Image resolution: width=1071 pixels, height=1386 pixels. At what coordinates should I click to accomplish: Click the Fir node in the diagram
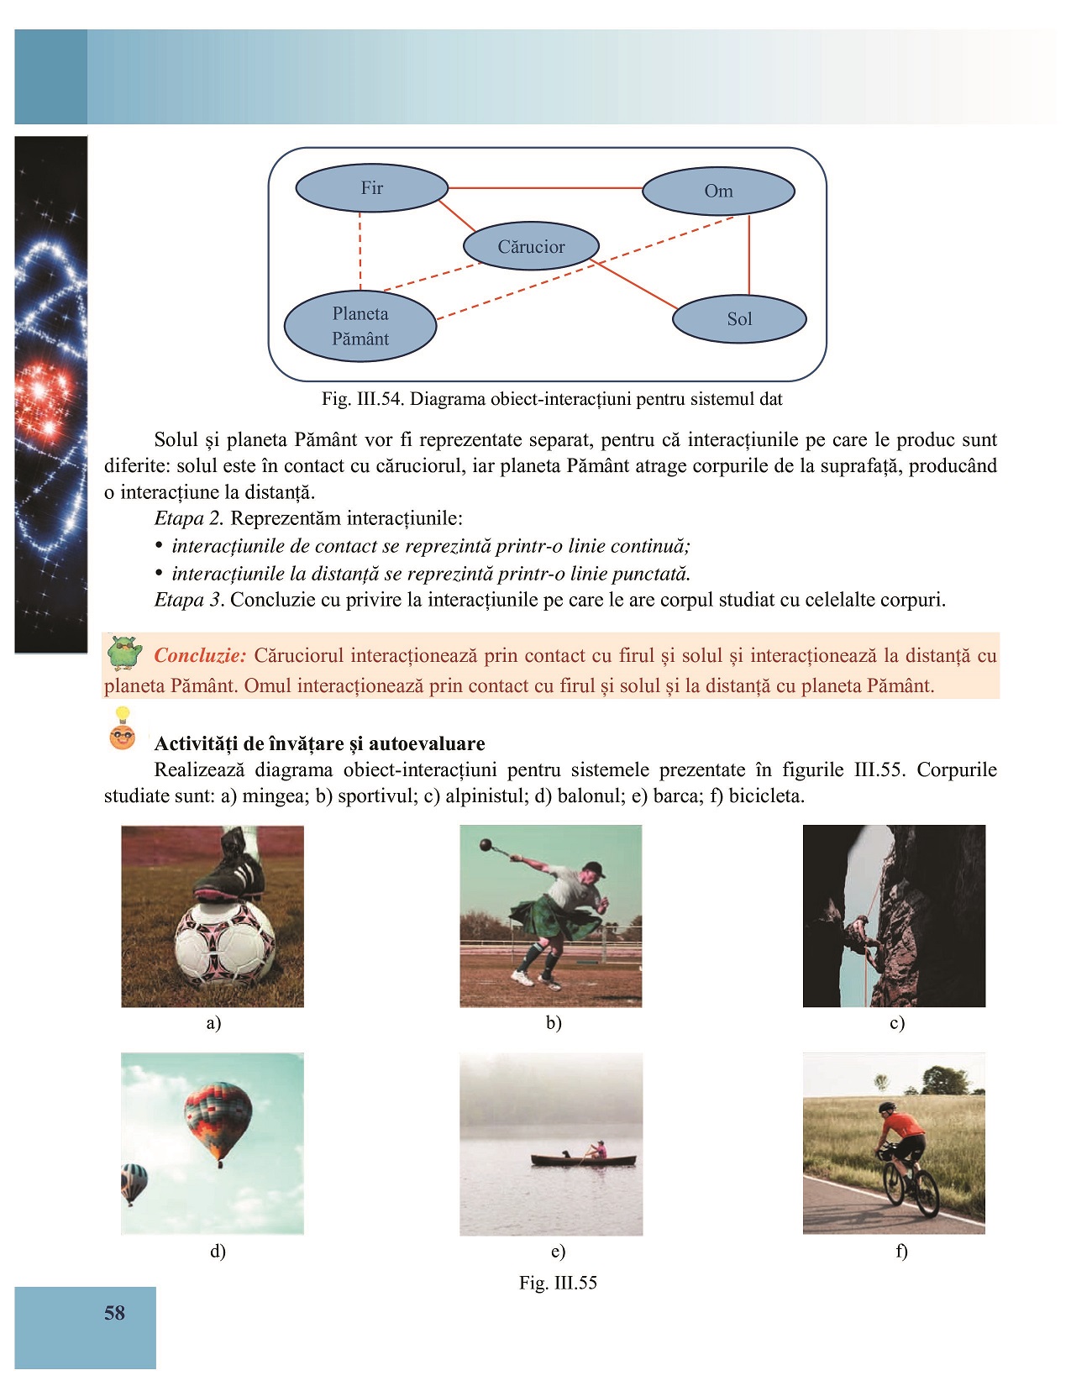coord(371,188)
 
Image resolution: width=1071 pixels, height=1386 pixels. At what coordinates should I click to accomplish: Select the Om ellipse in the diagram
coord(718,191)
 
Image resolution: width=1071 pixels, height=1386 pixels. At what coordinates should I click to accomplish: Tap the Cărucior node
coord(531,246)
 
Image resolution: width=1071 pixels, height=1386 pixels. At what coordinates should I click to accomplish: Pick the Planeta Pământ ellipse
coord(360,326)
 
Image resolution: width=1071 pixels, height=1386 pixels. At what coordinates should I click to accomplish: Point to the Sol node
coord(739,318)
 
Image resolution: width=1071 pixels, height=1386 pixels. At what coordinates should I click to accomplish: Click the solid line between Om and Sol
coord(749,254)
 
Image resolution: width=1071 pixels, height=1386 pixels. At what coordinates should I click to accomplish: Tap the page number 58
coord(114,1313)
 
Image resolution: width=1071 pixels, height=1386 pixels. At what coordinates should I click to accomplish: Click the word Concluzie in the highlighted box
coord(200,655)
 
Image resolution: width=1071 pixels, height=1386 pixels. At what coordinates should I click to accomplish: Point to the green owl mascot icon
coord(124,654)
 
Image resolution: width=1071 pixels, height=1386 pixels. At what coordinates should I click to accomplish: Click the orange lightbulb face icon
coord(123,729)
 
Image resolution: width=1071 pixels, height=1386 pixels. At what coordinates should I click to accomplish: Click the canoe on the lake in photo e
coord(583,1161)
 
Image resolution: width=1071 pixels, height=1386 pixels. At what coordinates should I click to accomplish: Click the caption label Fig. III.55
coord(558,1283)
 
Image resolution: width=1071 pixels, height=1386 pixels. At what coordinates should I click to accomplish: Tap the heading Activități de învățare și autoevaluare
coord(319,743)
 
